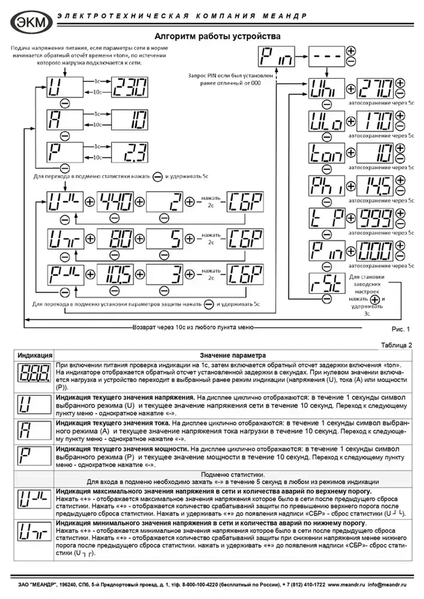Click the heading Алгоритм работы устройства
pyautogui.click(x=217, y=36)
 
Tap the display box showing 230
pyautogui.click(x=130, y=88)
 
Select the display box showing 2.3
pyautogui.click(x=130, y=153)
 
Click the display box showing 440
pyautogui.click(x=115, y=202)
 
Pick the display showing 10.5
pyautogui.click(x=115, y=275)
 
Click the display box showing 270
pyautogui.click(x=375, y=89)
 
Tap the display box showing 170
pyautogui.click(x=375, y=121)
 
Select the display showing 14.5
pyautogui.click(x=375, y=186)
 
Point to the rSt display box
pyautogui.click(x=326, y=283)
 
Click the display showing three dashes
pyautogui.click(x=326, y=56)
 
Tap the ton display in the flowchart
pyautogui.click(x=326, y=153)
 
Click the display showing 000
pyautogui.click(x=375, y=251)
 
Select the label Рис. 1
pyautogui.click(x=400, y=329)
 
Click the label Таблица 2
pyautogui.click(x=396, y=345)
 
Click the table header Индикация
pyautogui.click(x=35, y=355)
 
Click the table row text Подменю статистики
pyautogui.click(x=232, y=475)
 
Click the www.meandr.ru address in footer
pyautogui.click(x=346, y=585)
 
